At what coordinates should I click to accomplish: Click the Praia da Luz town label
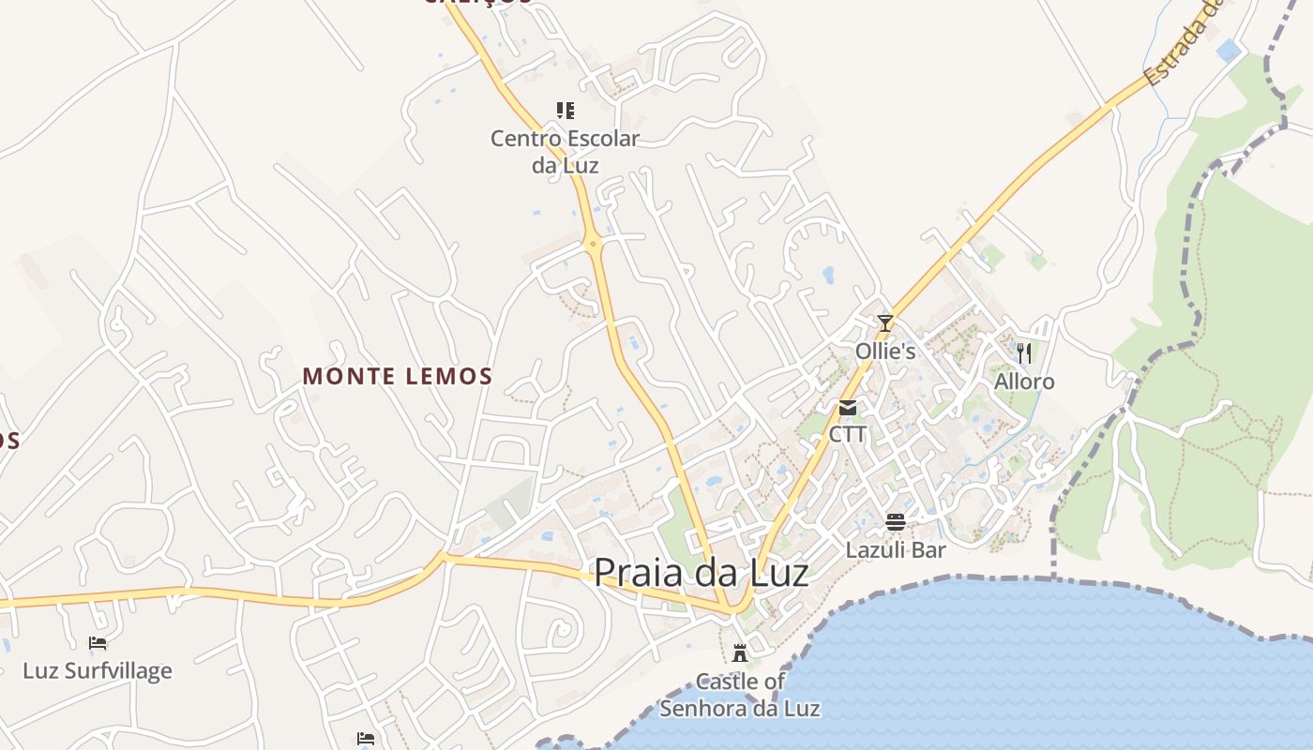click(701, 572)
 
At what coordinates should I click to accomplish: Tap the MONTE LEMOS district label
click(397, 377)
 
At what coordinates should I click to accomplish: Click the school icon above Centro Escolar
click(565, 111)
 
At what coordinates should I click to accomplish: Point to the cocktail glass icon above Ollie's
click(884, 323)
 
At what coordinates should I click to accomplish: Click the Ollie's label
click(884, 351)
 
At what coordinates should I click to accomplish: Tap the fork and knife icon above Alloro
click(1024, 352)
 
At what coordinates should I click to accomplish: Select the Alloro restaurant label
click(1024, 382)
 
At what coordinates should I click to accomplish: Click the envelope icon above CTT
click(848, 408)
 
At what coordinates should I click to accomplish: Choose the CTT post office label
click(848, 435)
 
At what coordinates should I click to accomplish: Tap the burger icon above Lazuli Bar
click(896, 521)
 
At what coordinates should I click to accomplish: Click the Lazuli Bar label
click(896, 549)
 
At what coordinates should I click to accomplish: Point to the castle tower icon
click(740, 652)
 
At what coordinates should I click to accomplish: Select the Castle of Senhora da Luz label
click(740, 695)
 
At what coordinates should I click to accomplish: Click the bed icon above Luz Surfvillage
click(98, 643)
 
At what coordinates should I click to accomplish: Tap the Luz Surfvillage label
click(98, 671)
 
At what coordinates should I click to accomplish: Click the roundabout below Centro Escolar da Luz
click(593, 245)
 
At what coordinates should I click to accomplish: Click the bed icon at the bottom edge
click(366, 740)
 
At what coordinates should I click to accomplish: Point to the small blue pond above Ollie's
click(828, 275)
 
